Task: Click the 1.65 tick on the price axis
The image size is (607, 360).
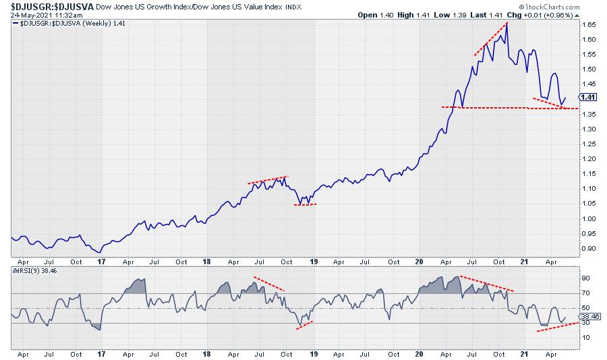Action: point(591,25)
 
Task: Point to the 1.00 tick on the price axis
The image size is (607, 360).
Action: point(591,218)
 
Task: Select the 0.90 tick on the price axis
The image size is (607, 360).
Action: point(591,248)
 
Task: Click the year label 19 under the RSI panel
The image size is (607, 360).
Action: point(313,353)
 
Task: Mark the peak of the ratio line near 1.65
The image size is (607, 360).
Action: point(507,23)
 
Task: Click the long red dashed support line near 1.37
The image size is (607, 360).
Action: point(506,107)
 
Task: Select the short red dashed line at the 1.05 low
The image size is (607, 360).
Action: point(305,204)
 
